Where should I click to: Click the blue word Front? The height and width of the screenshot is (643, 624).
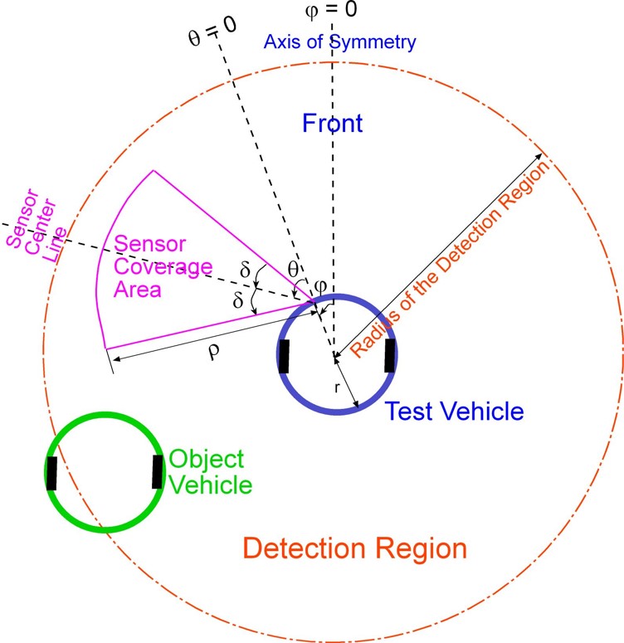pyautogui.click(x=332, y=124)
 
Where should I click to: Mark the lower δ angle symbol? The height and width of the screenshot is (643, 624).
pyautogui.click(x=238, y=303)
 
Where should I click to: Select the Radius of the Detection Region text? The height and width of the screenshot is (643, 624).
pyautogui.click(x=453, y=259)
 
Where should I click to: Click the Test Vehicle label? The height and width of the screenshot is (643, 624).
pyautogui.click(x=454, y=411)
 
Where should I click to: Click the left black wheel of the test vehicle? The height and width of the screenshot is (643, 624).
pyautogui.click(x=285, y=356)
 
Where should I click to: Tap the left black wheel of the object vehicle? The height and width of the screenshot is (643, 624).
pyautogui.click(x=52, y=473)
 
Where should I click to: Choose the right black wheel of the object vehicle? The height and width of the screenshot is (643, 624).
pyautogui.click(x=158, y=471)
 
